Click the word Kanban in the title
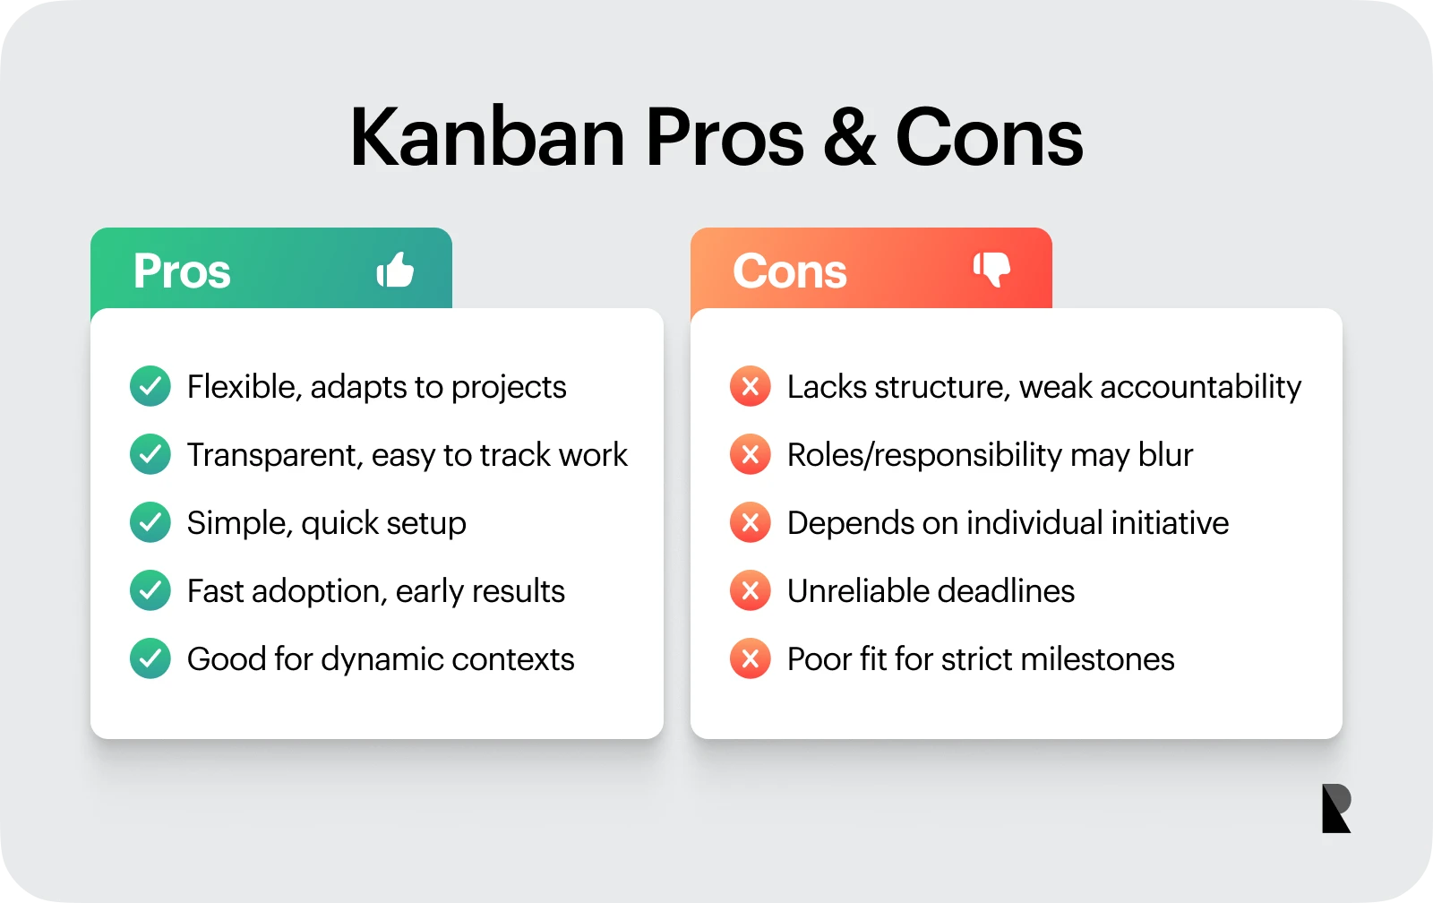tap(487, 138)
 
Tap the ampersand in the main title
tap(849, 138)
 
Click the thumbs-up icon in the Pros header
tap(395, 269)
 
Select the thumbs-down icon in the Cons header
tap(992, 269)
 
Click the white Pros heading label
tap(182, 271)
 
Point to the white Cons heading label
tap(789, 271)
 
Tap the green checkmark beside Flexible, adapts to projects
tap(150, 386)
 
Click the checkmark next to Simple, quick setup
tap(150, 522)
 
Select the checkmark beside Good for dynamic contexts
tap(150, 658)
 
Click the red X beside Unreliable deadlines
tap(751, 590)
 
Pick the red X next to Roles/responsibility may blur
tap(751, 454)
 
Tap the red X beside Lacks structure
tap(751, 386)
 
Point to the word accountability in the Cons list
tap(1200, 387)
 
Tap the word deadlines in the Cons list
tap(1006, 591)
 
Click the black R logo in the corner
tap(1335, 808)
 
